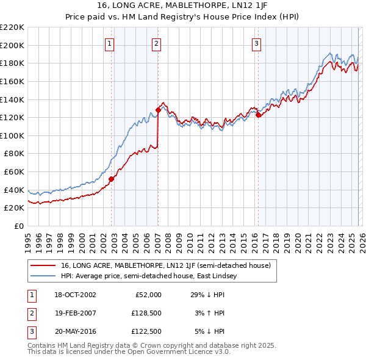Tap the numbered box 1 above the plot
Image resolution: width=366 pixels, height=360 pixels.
click(x=109, y=43)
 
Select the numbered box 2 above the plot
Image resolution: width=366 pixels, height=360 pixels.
click(x=156, y=43)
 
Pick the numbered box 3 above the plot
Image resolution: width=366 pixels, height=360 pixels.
click(x=256, y=43)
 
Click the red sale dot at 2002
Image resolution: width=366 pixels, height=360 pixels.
click(x=112, y=179)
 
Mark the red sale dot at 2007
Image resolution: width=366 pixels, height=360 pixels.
click(x=158, y=110)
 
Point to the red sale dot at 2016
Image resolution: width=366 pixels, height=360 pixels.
click(x=258, y=115)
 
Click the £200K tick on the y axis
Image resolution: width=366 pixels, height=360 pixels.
click(x=12, y=45)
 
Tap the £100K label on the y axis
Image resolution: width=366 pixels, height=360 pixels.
click(x=12, y=135)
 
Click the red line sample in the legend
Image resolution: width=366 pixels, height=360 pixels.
click(x=44, y=265)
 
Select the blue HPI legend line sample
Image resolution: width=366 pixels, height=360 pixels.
click(x=44, y=276)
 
